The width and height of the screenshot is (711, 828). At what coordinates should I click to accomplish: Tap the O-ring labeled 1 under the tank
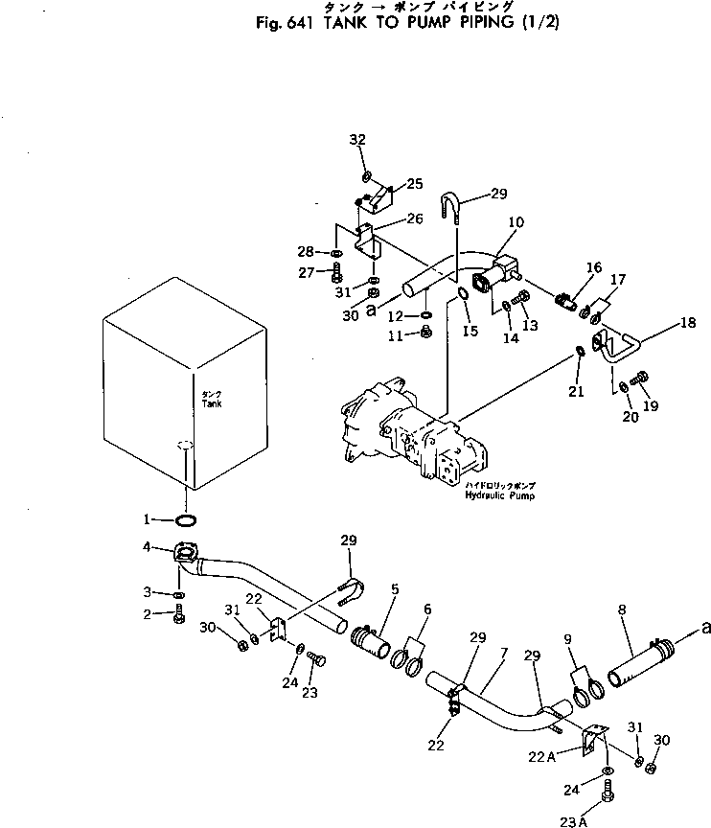pyautogui.click(x=187, y=520)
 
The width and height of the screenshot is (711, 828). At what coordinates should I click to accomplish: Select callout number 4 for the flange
pyautogui.click(x=147, y=547)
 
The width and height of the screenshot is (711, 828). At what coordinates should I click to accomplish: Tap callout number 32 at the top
pyautogui.click(x=357, y=139)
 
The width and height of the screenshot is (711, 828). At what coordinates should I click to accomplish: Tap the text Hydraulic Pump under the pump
pyautogui.click(x=499, y=496)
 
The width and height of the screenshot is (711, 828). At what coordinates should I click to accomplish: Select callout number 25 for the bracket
pyautogui.click(x=414, y=183)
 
